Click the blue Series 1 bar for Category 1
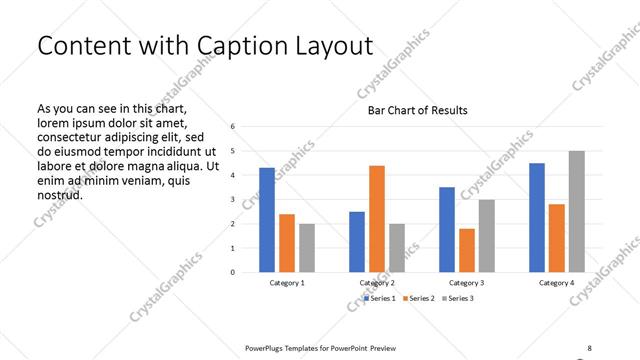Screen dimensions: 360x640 267,220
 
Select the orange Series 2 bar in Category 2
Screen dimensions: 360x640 377,218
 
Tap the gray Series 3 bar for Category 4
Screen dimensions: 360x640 577,211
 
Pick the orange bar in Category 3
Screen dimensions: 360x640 467,250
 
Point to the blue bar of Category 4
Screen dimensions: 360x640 537,217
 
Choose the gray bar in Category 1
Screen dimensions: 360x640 306,247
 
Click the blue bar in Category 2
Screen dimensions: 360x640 357,241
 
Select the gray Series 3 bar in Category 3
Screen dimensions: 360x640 486,235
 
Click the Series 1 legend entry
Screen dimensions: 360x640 381,298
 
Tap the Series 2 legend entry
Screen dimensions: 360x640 419,298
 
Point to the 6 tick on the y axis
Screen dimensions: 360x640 232,127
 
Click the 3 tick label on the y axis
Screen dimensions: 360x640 232,199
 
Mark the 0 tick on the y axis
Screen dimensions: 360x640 232,272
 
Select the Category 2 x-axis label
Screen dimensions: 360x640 377,283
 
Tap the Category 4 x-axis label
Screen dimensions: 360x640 557,283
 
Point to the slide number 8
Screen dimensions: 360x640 589,347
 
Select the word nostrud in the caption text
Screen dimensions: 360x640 59,194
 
